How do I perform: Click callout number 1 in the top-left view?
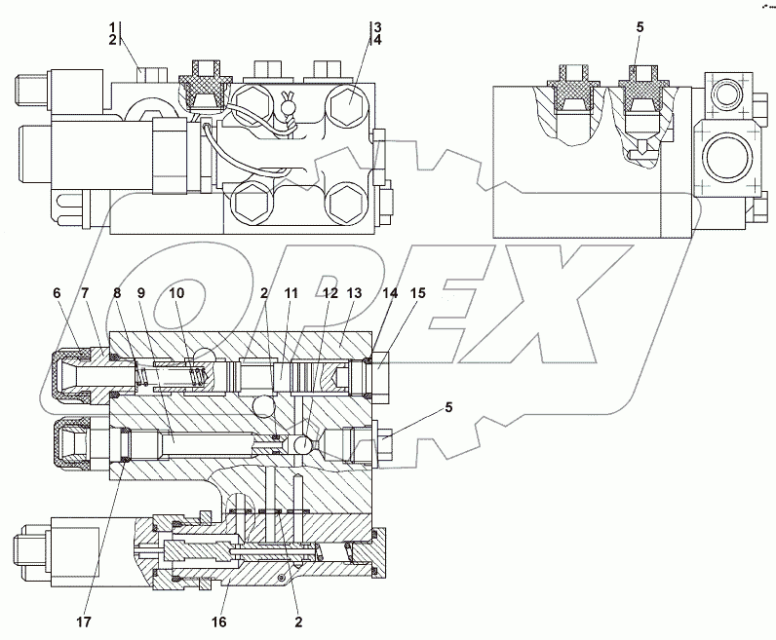pyautogui.click(x=113, y=25)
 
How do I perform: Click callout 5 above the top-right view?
pyautogui.click(x=640, y=27)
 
